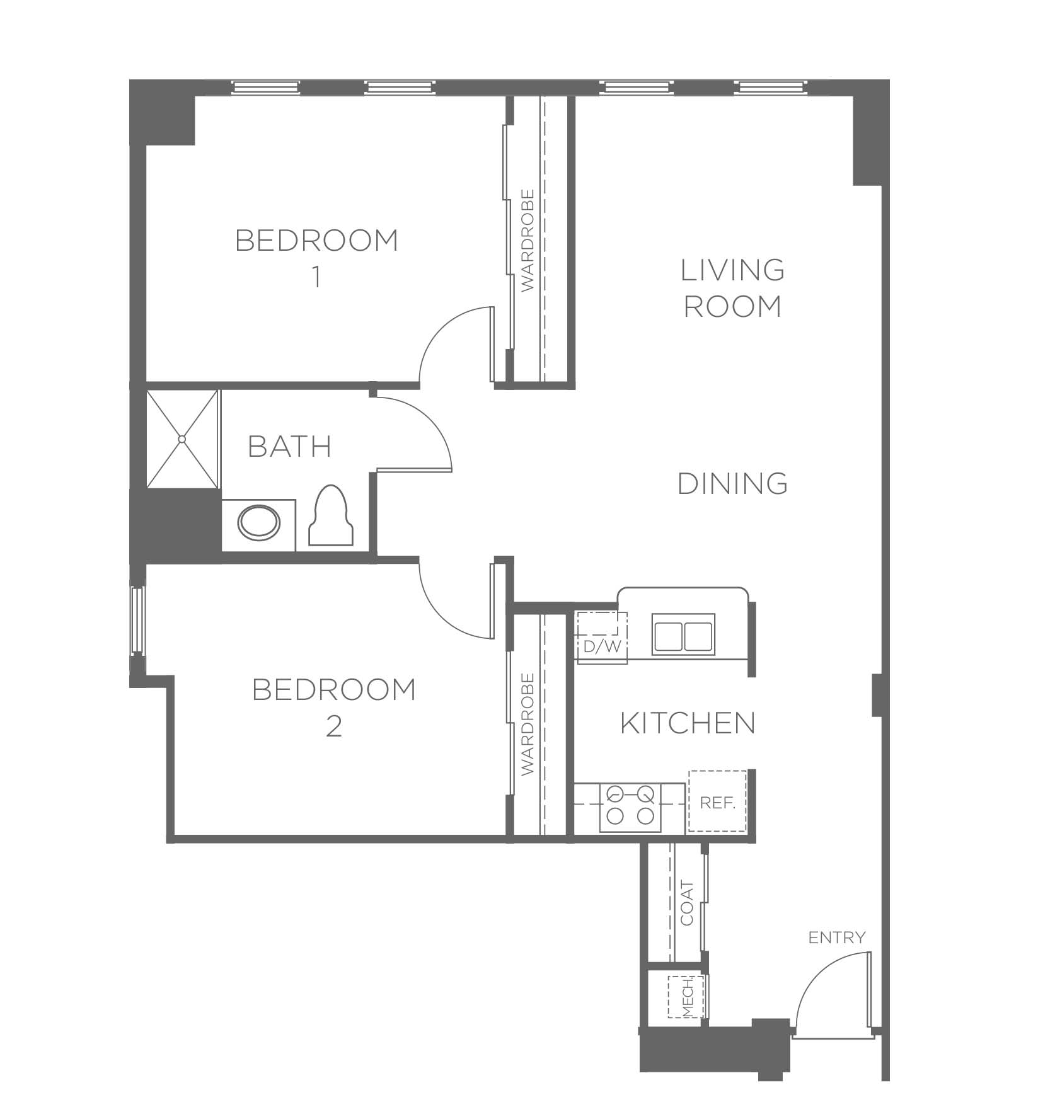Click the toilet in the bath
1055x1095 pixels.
(331, 515)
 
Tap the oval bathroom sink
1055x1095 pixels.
(258, 522)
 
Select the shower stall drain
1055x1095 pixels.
(182, 439)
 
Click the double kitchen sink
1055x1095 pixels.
(684, 633)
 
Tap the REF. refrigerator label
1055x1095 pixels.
(718, 803)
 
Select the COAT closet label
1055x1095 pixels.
(687, 903)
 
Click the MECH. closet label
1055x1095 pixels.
(688, 997)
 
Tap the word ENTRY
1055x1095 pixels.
(837, 937)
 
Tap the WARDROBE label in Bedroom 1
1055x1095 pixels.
(528, 240)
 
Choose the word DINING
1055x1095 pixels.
(733, 484)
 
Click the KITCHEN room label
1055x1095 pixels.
(688, 723)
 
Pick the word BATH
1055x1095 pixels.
(290, 447)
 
